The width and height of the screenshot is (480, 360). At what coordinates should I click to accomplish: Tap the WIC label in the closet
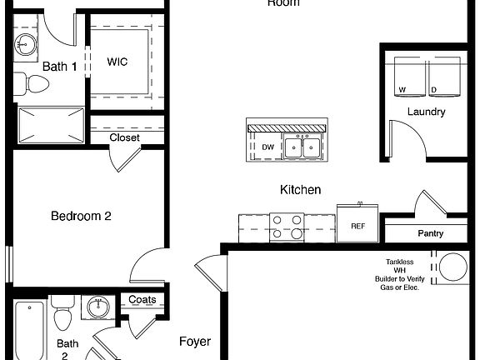coord(117,61)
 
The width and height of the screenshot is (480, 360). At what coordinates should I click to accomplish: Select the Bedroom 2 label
coord(81,216)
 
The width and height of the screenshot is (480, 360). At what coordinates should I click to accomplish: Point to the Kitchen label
coord(300,190)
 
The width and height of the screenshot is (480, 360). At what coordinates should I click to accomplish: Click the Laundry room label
coord(426,112)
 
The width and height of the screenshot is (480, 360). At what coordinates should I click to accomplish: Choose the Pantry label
coord(430,233)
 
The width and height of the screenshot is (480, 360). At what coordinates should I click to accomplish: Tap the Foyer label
coord(195,342)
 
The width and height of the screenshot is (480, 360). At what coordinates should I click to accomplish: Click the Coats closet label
coord(142,300)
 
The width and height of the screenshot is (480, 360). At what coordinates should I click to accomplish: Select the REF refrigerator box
coord(357,225)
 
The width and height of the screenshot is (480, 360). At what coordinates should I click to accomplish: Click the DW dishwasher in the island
coord(267,147)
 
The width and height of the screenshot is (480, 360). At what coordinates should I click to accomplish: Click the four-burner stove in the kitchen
coord(286,227)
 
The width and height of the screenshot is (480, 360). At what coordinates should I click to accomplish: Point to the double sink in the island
coord(302,147)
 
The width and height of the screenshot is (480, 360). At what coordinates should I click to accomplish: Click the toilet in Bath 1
coord(35,84)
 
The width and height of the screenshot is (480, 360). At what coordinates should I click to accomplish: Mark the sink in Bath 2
coord(99,309)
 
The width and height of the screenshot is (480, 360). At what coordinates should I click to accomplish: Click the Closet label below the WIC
coord(124,137)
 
